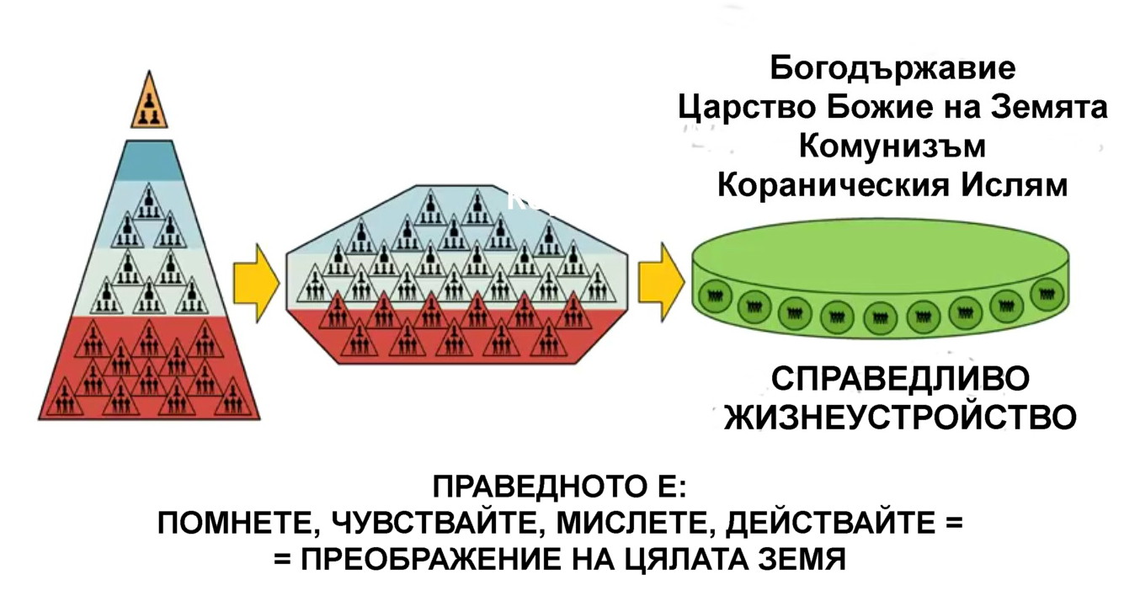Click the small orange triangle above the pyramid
149,103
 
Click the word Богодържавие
892,67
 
